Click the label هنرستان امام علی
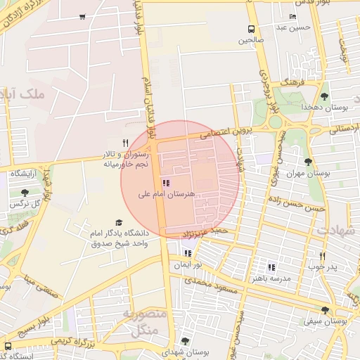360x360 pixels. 167,193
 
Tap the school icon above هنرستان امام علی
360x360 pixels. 165,183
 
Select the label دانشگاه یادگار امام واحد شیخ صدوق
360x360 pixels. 118,238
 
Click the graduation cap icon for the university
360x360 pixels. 118,223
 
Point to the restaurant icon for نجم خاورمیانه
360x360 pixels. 125,143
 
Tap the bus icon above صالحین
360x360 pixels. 251,29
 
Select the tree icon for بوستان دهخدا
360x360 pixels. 324,96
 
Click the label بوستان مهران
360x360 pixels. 308,172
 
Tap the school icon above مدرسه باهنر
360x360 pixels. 271,267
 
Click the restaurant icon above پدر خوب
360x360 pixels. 323,256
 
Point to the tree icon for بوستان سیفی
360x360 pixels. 324,310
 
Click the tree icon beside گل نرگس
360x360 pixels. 25,193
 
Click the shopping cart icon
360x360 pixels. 83,16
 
